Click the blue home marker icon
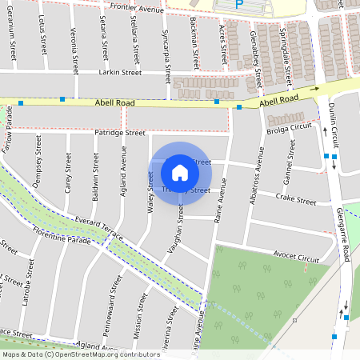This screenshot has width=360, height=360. tap(180, 173)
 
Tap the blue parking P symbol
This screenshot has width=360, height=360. tap(238, 5)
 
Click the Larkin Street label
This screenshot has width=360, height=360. tap(119, 72)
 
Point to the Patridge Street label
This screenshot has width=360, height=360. tap(119, 132)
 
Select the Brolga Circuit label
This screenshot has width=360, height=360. tap(289, 127)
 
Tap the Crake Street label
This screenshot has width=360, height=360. tap(297, 198)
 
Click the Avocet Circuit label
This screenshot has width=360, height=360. tap(295, 258)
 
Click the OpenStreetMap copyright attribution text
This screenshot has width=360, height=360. tap(81, 354)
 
